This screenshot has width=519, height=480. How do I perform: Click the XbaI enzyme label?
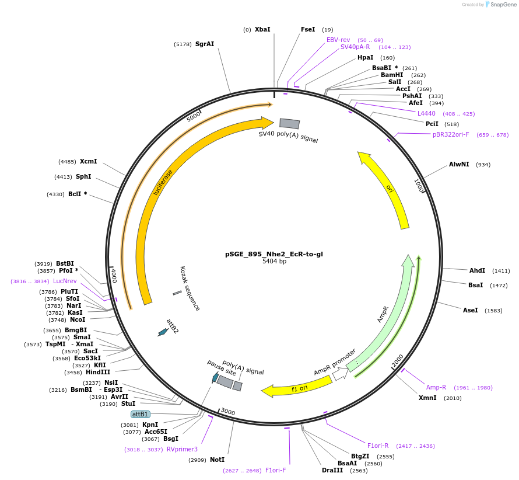pyautogui.click(x=262, y=29)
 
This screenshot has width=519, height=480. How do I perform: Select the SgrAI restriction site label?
pyautogui.click(x=205, y=44)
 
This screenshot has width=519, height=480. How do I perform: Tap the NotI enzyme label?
pyautogui.click(x=217, y=460)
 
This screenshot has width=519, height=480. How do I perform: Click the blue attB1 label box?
pyautogui.click(x=140, y=414)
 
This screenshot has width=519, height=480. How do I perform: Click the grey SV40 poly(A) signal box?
pyautogui.click(x=289, y=123)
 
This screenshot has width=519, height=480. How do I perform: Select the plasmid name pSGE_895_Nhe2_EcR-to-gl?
pyautogui.click(x=274, y=254)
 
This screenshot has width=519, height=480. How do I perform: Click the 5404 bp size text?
pyautogui.click(x=274, y=262)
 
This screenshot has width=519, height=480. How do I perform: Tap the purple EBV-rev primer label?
pyautogui.click(x=338, y=40)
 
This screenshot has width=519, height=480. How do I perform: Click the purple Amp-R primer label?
pyautogui.click(x=436, y=387)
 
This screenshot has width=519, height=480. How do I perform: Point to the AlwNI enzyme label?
pyautogui.click(x=459, y=164)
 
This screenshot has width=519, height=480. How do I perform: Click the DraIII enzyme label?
pyautogui.click(x=332, y=470)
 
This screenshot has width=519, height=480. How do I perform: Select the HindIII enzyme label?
pyautogui.click(x=98, y=372)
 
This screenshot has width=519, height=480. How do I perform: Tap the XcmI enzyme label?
pyautogui.click(x=89, y=161)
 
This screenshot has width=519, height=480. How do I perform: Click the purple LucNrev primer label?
pyautogui.click(x=65, y=281)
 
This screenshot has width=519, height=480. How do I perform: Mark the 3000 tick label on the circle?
pyautogui.click(x=228, y=412)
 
